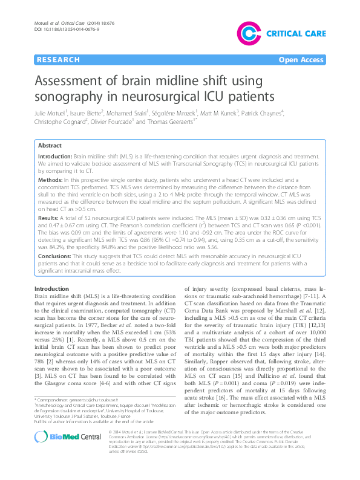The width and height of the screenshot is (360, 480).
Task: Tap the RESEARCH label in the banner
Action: [x=58, y=60]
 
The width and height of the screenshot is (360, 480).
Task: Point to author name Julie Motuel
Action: [x=51, y=112]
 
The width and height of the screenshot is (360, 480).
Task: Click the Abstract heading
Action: [x=50, y=146]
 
